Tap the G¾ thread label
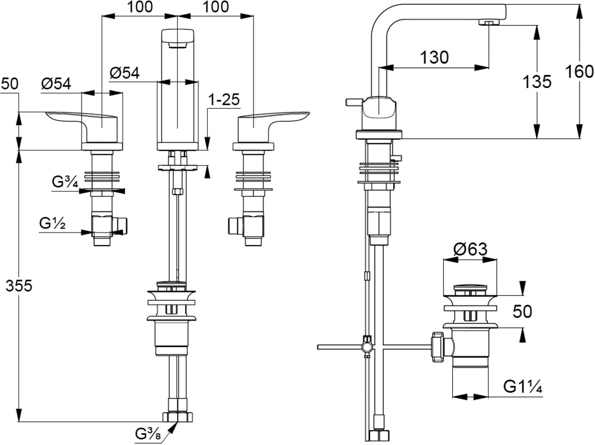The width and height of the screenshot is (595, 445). pyautogui.click(x=65, y=183)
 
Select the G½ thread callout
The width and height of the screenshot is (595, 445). pyautogui.click(x=52, y=224)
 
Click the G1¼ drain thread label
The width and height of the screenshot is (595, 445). pyautogui.click(x=522, y=387)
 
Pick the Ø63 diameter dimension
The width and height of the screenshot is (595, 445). pyautogui.click(x=469, y=250)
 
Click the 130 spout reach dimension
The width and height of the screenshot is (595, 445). pyautogui.click(x=434, y=57)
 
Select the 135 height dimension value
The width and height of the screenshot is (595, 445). pyautogui.click(x=537, y=82)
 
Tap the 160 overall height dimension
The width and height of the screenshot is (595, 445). pyautogui.click(x=580, y=71)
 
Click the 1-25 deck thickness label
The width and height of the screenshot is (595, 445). pyautogui.click(x=223, y=100)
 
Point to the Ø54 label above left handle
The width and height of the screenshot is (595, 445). pyautogui.click(x=56, y=84)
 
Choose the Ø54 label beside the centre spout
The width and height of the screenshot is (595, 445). pyautogui.click(x=124, y=73)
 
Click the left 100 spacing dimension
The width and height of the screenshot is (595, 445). pyautogui.click(x=140, y=7)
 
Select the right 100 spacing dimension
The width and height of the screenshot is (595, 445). pyautogui.click(x=215, y=7)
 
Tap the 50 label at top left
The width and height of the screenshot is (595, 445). pyautogui.click(x=9, y=84)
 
